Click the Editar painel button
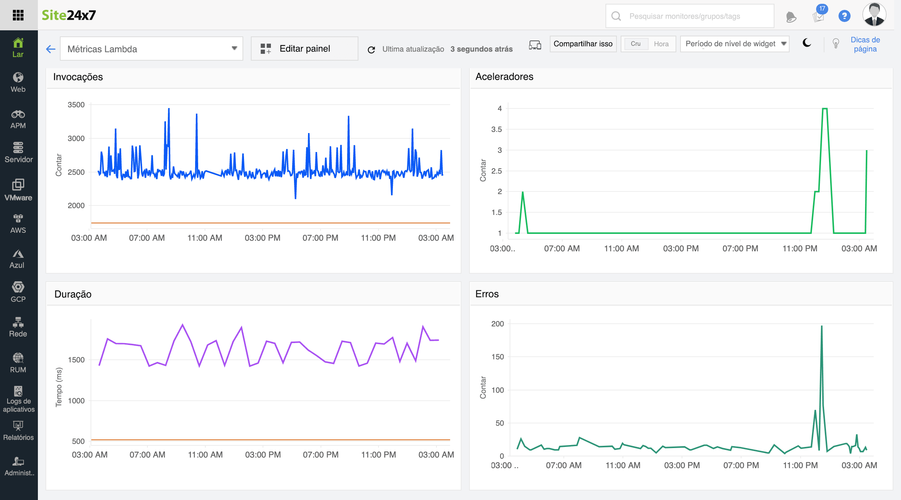coord(304,49)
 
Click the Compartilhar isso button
coord(583,44)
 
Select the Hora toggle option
coord(661,44)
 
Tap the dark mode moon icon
coord(807,43)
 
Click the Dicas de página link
coord(865,44)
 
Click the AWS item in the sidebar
coord(18,224)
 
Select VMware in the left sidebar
coord(18,190)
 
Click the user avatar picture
coord(874,15)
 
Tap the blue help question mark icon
coord(844,16)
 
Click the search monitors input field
coord(690,16)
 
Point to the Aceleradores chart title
coord(504,77)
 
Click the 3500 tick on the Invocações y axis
coord(76,105)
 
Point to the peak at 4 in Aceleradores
coord(824,109)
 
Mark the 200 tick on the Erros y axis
coord(497,324)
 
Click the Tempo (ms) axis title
coord(59,387)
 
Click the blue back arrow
coord(51,49)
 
